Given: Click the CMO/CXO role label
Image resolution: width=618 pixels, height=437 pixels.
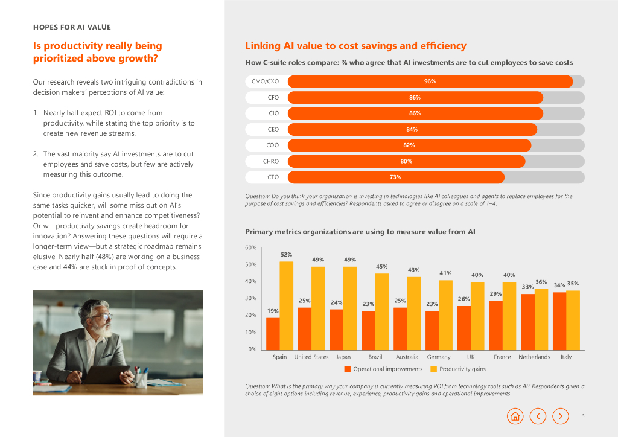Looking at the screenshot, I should click(265, 81).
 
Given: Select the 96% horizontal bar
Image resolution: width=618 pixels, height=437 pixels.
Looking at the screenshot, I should click(430, 81).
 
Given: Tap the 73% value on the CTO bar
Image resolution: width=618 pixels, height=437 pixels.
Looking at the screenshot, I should click(395, 177).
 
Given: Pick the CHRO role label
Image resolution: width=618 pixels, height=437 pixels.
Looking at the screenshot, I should click(269, 161).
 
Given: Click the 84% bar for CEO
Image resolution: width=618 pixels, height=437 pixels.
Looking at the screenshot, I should click(412, 129).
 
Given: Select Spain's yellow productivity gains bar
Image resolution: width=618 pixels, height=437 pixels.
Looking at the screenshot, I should click(286, 305).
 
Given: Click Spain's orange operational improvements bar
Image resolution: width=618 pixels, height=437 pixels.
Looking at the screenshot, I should click(273, 333).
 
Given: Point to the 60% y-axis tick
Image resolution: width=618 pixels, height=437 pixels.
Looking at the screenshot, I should click(250, 247).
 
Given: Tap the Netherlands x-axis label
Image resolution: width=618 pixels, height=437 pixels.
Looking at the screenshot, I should click(534, 357).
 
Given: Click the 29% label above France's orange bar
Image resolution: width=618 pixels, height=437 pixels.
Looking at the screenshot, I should click(495, 293).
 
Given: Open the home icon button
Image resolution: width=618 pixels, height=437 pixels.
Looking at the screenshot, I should click(515, 416).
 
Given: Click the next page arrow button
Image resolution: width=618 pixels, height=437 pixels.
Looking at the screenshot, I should click(561, 416).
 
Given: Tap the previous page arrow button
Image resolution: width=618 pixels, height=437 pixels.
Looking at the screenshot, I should click(538, 416).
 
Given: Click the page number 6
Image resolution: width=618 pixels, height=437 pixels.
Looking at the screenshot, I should click(583, 416).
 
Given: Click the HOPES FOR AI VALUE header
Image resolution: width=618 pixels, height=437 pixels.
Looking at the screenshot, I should click(72, 27).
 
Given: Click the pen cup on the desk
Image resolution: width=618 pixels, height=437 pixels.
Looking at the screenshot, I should click(141, 378).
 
